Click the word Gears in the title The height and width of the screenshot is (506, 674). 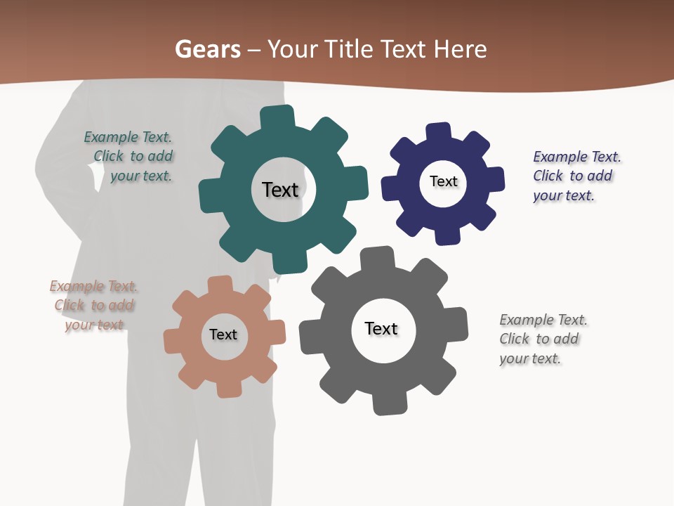pyautogui.click(x=207, y=49)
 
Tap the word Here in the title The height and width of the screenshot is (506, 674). pyautogui.click(x=460, y=49)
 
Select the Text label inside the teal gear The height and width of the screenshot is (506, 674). pyautogui.click(x=280, y=190)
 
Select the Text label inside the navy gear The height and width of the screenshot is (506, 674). pyautogui.click(x=443, y=181)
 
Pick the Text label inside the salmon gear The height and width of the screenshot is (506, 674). pyautogui.click(x=223, y=335)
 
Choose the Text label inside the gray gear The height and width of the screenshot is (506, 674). pyautogui.click(x=381, y=328)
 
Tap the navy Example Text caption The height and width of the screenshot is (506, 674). pyautogui.click(x=576, y=176)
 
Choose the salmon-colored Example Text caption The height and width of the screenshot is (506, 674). pyautogui.click(x=94, y=305)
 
